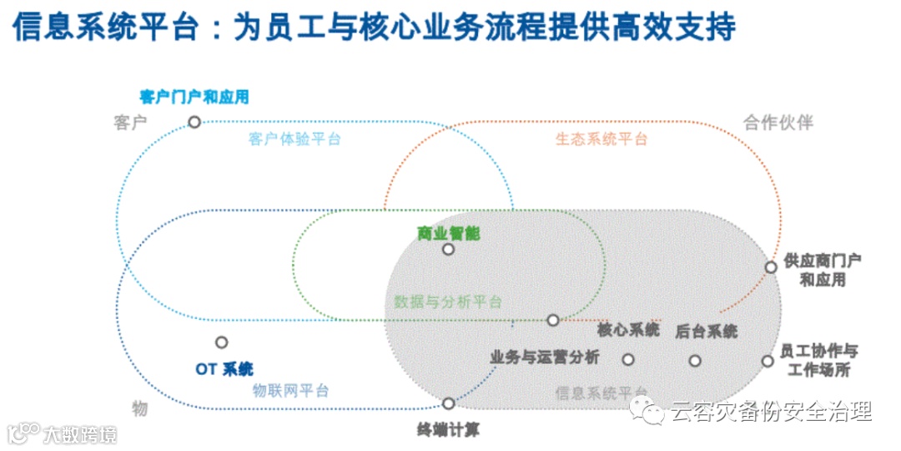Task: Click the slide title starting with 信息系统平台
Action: [375, 28]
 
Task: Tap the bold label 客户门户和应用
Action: [194, 97]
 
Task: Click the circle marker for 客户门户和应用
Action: [194, 122]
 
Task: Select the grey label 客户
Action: [129, 123]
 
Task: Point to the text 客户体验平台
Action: [294, 139]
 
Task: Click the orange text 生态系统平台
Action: [601, 139]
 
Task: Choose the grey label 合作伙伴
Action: [778, 123]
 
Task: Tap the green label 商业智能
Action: [449, 233]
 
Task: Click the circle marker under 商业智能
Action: [449, 249]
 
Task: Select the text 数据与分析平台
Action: [448, 302]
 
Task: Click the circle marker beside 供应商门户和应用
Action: [771, 266]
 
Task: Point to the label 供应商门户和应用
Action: [822, 270]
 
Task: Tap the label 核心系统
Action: [628, 330]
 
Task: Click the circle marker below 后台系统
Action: [695, 360]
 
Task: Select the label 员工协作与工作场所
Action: [818, 360]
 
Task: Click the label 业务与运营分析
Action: [544, 357]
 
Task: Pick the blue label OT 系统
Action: [224, 368]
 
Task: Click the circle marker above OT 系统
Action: [221, 342]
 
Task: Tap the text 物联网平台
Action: [290, 390]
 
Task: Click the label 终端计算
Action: [448, 430]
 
